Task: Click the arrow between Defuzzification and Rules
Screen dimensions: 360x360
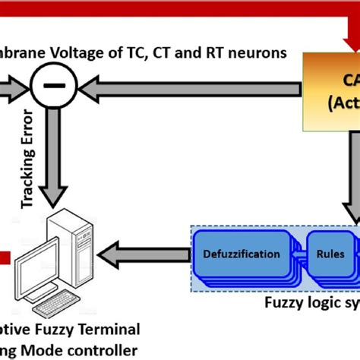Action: (296, 254)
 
